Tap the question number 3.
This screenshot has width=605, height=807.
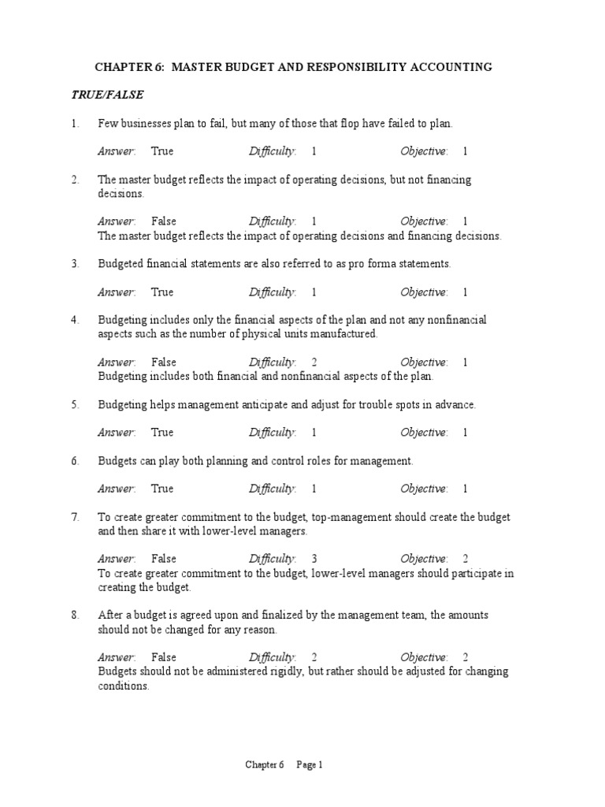75,264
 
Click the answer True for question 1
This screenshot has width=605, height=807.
162,151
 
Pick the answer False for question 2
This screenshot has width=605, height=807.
164,221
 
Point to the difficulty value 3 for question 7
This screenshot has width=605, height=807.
314,559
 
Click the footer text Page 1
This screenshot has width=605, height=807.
310,764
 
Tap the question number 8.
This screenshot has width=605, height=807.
75,615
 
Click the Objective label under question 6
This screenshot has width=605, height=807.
424,489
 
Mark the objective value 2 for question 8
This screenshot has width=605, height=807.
466,657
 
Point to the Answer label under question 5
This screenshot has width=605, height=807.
117,433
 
